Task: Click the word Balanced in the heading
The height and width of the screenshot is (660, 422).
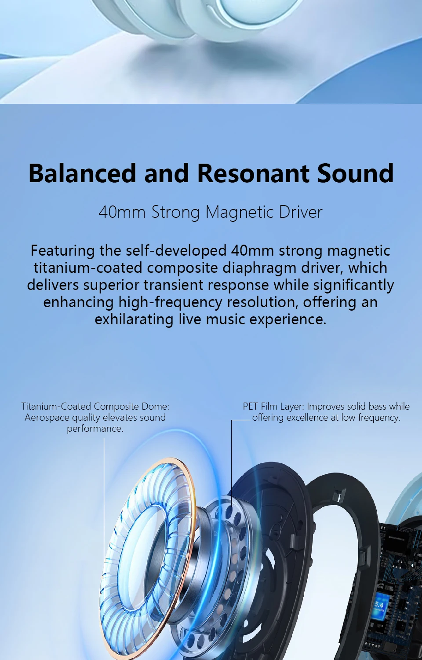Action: [82, 173]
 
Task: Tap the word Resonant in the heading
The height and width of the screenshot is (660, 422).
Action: [253, 173]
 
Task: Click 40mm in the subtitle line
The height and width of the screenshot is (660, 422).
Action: [122, 212]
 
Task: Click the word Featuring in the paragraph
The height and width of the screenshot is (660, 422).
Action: [63, 251]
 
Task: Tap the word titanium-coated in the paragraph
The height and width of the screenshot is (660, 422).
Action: [88, 268]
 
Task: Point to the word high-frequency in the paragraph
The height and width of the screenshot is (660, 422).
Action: [171, 303]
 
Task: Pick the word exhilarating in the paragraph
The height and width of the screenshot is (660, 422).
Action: [134, 320]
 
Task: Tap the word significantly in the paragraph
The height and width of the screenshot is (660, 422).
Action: [353, 286]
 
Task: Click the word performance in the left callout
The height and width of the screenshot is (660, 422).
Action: [95, 429]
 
